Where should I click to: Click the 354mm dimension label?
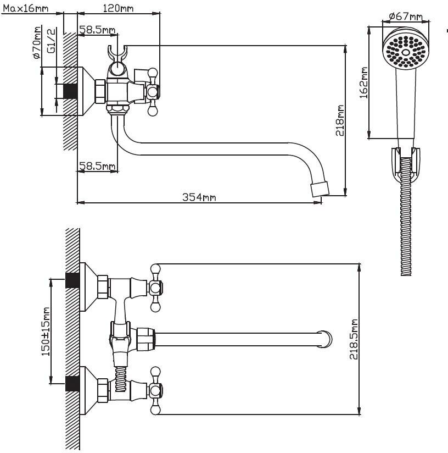(199, 197)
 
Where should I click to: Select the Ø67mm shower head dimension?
(405, 16)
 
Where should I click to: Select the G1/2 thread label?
(51, 41)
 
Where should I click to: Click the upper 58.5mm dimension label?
(97, 29)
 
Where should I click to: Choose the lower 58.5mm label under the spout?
(97, 165)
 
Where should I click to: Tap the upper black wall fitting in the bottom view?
(72, 280)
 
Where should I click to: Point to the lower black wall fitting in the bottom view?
(72, 383)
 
